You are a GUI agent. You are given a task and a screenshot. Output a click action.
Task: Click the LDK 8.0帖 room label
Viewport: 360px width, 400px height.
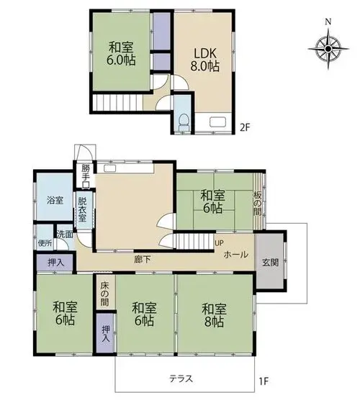coord(204,60)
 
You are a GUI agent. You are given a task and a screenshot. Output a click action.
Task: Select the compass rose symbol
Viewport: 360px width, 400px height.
coord(328,49)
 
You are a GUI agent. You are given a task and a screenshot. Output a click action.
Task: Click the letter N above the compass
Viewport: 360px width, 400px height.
coord(328,22)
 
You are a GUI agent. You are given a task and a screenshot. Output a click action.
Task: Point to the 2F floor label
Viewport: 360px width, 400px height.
coord(244,127)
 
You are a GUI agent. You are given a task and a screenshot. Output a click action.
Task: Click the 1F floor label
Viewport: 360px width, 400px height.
coord(264,382)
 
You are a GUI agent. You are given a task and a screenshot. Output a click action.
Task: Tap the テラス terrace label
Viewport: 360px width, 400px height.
coord(181,378)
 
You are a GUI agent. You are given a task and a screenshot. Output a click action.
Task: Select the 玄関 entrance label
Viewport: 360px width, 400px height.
coord(271,262)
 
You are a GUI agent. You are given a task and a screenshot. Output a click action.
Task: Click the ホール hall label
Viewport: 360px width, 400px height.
coord(235,255)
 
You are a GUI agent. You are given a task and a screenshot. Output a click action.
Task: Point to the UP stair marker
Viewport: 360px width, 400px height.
coord(219,242)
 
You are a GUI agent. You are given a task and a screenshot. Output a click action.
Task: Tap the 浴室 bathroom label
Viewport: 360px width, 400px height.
coord(55,200)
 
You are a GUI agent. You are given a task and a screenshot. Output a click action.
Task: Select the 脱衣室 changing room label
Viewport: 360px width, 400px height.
coord(82,209)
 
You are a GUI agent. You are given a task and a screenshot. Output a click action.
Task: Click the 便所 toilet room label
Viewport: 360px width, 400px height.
coord(45,243)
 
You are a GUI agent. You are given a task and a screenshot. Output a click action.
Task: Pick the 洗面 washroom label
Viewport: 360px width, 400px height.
coord(65,235)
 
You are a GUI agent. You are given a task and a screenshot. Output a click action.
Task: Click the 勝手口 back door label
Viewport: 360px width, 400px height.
coord(85,176)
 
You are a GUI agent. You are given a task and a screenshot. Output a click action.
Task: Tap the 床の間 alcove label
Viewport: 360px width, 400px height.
coord(104,294)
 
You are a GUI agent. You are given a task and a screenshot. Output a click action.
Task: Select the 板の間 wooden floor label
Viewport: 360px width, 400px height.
coord(257,204)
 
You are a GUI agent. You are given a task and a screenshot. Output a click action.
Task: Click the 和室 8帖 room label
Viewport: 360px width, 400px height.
coord(214,315)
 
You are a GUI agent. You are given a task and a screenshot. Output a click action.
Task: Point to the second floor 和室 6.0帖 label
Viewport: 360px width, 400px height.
coord(122,53)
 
